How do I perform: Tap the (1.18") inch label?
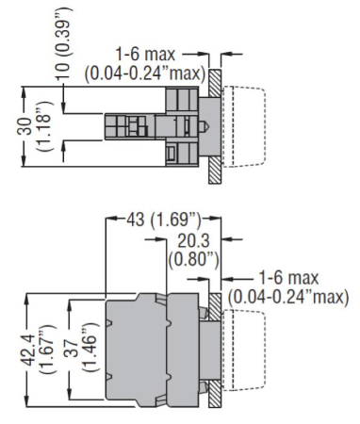44,126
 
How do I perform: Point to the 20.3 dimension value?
193,241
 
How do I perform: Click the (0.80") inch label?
193,260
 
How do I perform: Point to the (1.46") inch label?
91,348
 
